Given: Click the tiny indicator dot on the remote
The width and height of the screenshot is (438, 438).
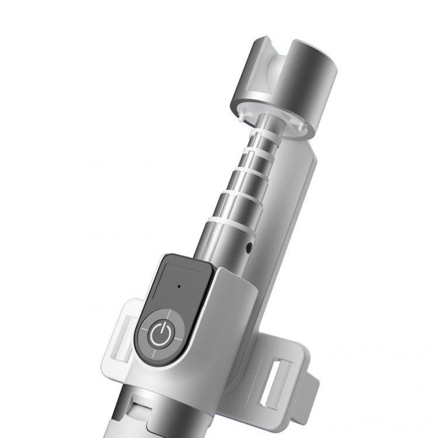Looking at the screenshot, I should tap(178, 287).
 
